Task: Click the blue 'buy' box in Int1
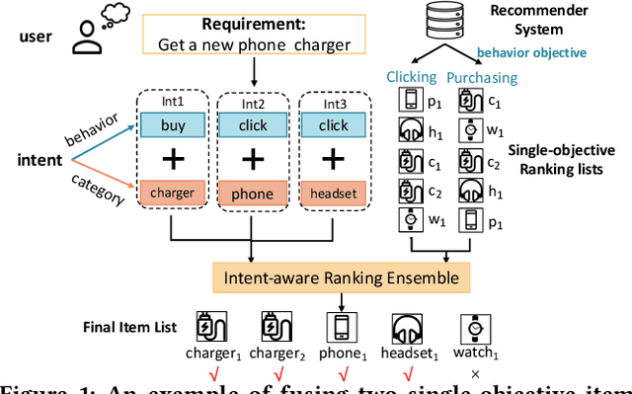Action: pos(173,123)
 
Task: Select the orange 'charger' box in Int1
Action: pos(173,193)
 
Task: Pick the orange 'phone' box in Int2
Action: pos(253,195)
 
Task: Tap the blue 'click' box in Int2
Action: pos(253,124)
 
